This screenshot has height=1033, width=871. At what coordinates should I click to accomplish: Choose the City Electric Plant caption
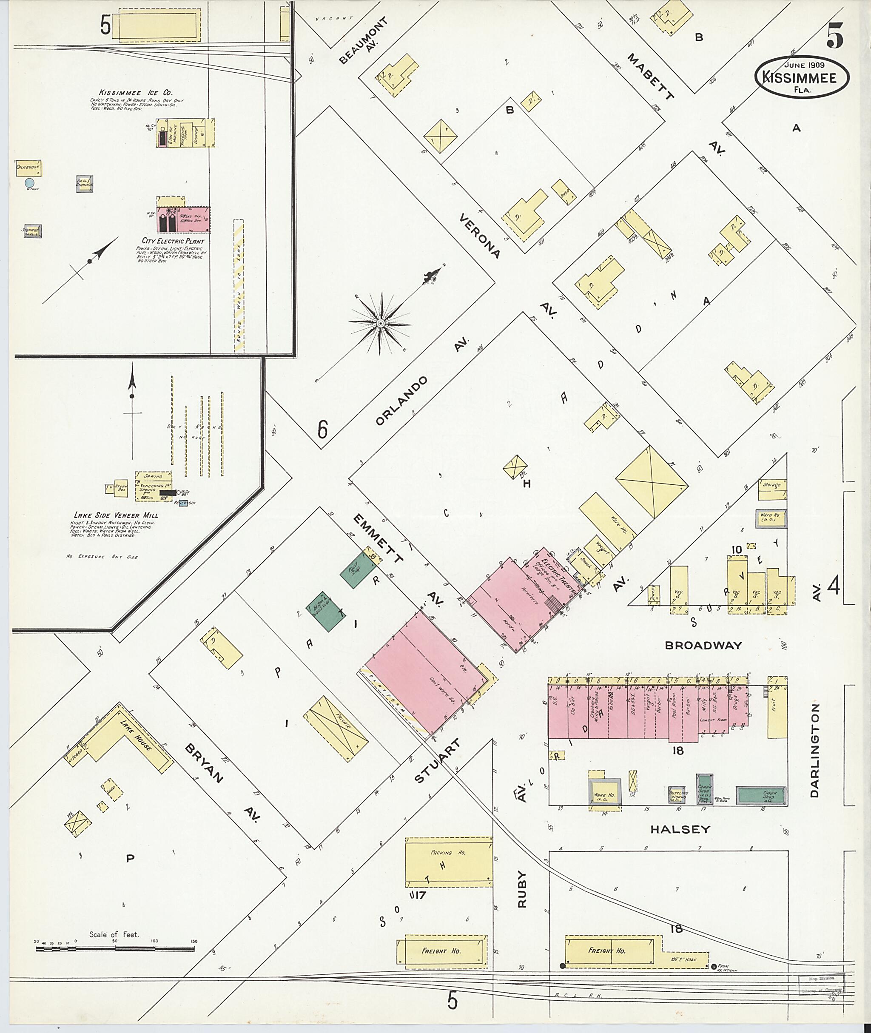click(x=173, y=241)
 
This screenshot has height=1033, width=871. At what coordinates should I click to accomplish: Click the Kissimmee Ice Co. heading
click(x=135, y=93)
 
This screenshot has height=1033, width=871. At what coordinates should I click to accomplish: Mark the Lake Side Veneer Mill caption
click(x=116, y=515)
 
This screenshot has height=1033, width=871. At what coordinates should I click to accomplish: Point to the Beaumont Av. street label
click(x=364, y=41)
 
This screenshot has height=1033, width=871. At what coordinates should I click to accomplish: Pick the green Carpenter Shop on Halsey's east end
click(x=761, y=796)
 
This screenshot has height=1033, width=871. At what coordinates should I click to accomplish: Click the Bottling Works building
click(x=677, y=794)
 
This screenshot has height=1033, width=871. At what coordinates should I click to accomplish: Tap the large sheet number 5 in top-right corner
click(x=834, y=36)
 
